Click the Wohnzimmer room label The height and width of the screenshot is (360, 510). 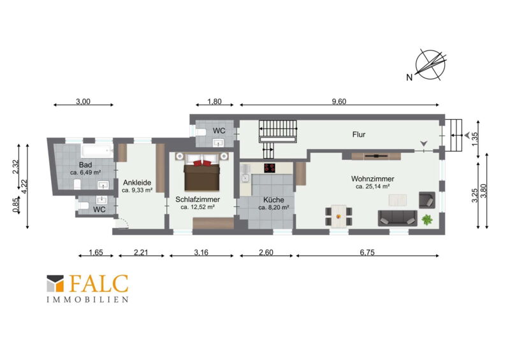pyautogui.click(x=372, y=179)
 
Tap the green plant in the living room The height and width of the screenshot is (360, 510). pyautogui.click(x=426, y=220)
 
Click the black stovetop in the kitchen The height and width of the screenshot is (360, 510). pyautogui.click(x=270, y=168)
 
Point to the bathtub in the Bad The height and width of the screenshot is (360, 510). pyautogui.click(x=97, y=151)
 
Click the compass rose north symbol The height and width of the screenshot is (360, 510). pyautogui.click(x=430, y=66)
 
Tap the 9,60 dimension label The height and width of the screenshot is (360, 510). pyautogui.click(x=339, y=101)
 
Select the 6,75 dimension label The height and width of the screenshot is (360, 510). pyautogui.click(x=367, y=252)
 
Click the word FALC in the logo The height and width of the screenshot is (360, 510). pyautogui.click(x=99, y=284)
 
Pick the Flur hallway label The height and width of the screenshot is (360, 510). pyautogui.click(x=359, y=134)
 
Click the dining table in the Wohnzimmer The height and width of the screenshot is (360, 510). pyautogui.click(x=339, y=216)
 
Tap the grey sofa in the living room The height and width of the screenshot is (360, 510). pyautogui.click(x=397, y=218)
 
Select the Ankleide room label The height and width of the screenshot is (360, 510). pyautogui.click(x=137, y=183)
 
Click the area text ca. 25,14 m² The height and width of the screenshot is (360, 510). pyautogui.click(x=373, y=187)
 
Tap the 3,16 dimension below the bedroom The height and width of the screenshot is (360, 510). pyautogui.click(x=201, y=252)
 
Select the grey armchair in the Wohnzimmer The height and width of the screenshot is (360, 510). pyautogui.click(x=427, y=200)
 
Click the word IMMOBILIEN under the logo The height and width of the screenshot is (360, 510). pyautogui.click(x=87, y=299)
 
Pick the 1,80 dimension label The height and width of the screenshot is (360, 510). pyautogui.click(x=214, y=101)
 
